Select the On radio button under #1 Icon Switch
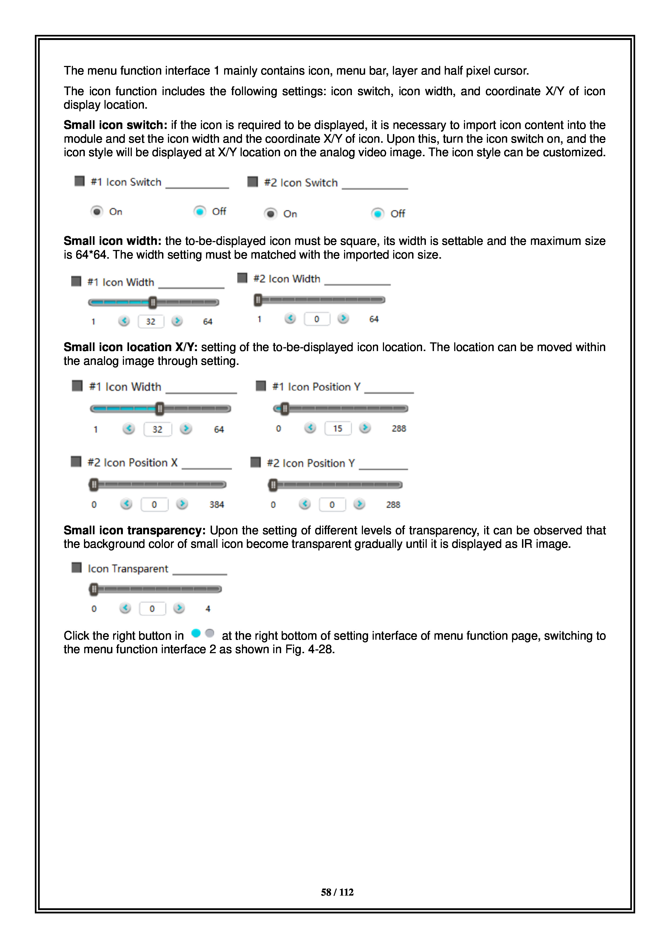pos(96,211)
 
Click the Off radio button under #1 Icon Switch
pos(200,211)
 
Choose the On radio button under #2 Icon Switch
pos(271,213)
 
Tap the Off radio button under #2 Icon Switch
pos(378,213)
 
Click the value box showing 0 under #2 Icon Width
pos(317,319)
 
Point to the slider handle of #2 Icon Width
pos(258,300)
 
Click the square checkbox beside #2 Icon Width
pos(242,278)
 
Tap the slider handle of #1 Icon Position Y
pos(284,409)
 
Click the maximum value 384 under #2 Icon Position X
pos(217,505)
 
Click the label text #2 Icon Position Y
pos(311,463)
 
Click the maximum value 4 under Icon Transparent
pos(208,609)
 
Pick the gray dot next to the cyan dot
pos(210,633)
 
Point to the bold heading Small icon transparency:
pos(134,530)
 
